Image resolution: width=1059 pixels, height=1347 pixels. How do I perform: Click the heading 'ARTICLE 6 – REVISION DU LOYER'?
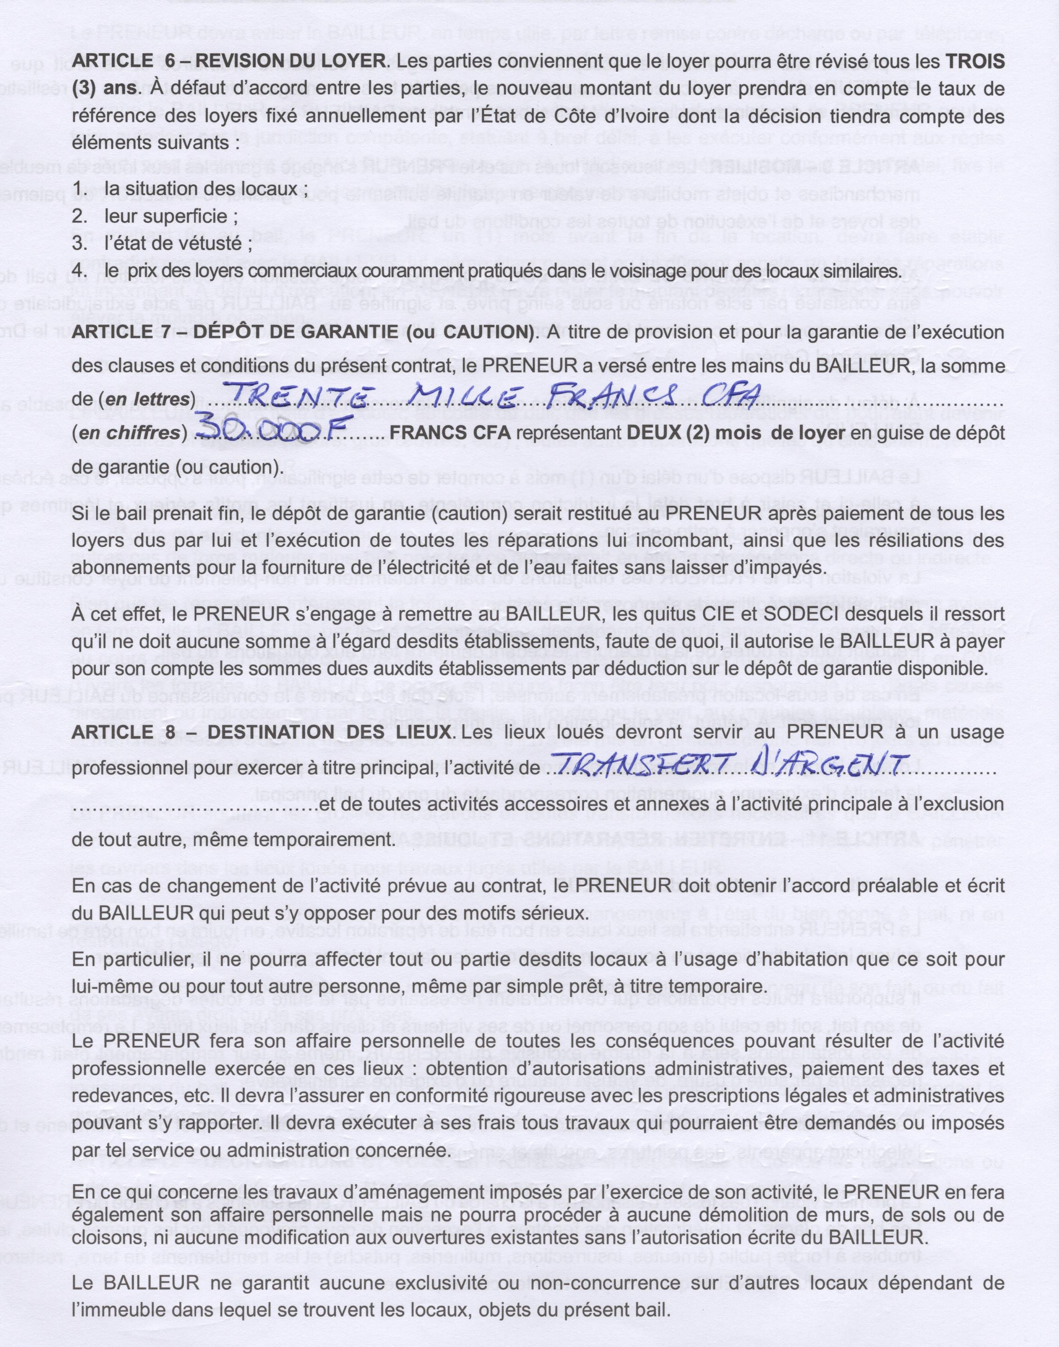coord(229,63)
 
